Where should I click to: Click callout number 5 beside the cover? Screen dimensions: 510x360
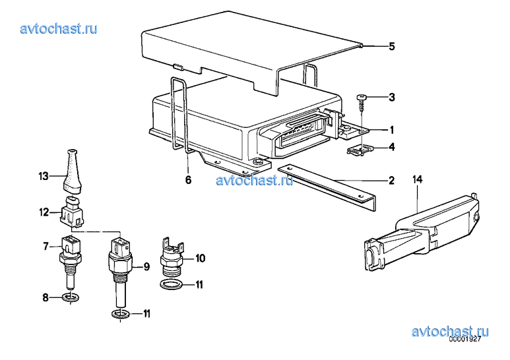392,46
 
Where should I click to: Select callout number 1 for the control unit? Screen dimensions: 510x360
393,130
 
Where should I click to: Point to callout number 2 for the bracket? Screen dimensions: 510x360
392,180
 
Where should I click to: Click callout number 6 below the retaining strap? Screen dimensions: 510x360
188,179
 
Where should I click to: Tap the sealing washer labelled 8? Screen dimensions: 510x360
70,297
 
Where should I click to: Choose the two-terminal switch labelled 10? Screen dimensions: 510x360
172,256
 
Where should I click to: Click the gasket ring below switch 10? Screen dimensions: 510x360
172,284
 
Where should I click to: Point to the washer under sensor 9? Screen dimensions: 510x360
120,315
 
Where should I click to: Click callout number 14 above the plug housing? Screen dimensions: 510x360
417,179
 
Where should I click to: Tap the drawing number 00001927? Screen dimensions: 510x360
464,339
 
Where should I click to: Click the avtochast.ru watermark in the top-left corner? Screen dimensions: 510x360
59,28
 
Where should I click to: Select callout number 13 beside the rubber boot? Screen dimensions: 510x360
44,177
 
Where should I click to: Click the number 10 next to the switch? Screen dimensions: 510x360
200,258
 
